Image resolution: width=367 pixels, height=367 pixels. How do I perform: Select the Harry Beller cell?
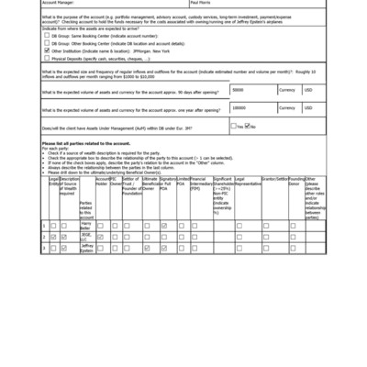click(x=86, y=225)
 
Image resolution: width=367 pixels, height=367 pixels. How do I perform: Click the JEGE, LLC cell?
click(x=86, y=237)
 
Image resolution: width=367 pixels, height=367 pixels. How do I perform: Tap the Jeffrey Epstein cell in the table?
click(x=86, y=248)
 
